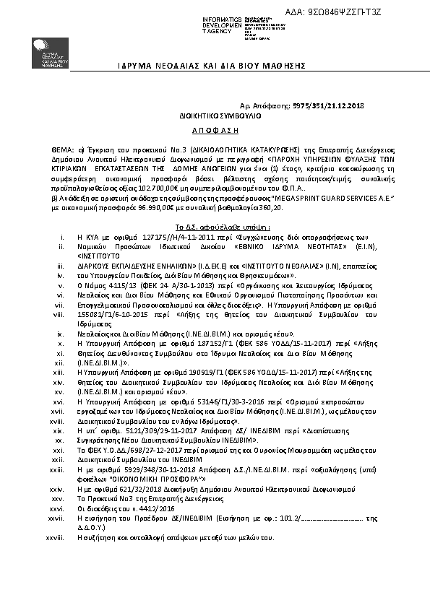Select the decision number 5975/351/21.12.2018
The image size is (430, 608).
(328, 105)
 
